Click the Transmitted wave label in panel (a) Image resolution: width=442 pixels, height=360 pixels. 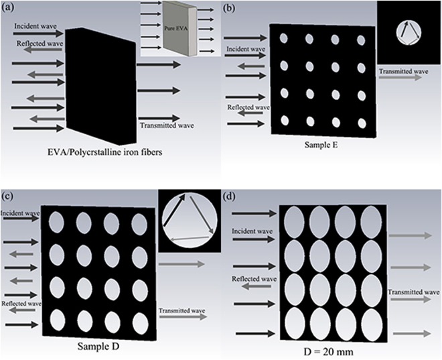(162, 125)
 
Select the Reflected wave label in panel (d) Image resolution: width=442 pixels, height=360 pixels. (253, 278)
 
